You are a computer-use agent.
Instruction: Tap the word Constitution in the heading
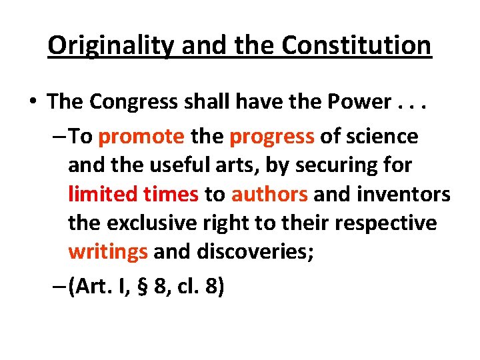(357, 45)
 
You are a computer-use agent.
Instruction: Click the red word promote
(141, 137)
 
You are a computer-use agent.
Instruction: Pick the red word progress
(272, 137)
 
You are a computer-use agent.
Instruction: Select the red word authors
(269, 194)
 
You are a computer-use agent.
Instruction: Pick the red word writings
(108, 252)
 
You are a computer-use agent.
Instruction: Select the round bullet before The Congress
(32, 102)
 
